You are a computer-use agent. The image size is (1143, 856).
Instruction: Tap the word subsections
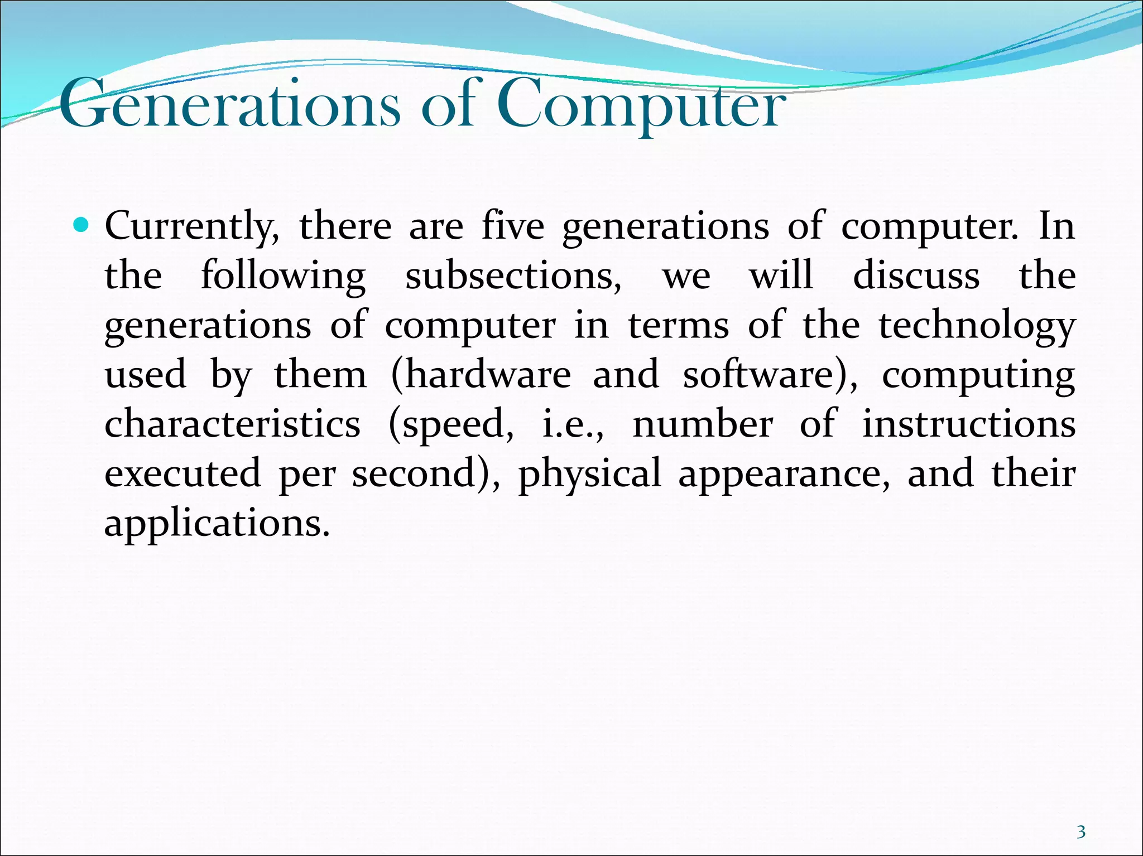pyautogui.click(x=513, y=275)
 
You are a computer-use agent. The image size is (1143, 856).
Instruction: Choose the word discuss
pyautogui.click(x=916, y=275)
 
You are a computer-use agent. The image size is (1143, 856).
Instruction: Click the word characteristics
pyautogui.click(x=232, y=424)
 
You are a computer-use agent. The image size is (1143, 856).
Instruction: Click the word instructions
pyautogui.click(x=969, y=424)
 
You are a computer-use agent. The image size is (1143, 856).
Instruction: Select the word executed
pyautogui.click(x=183, y=473)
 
